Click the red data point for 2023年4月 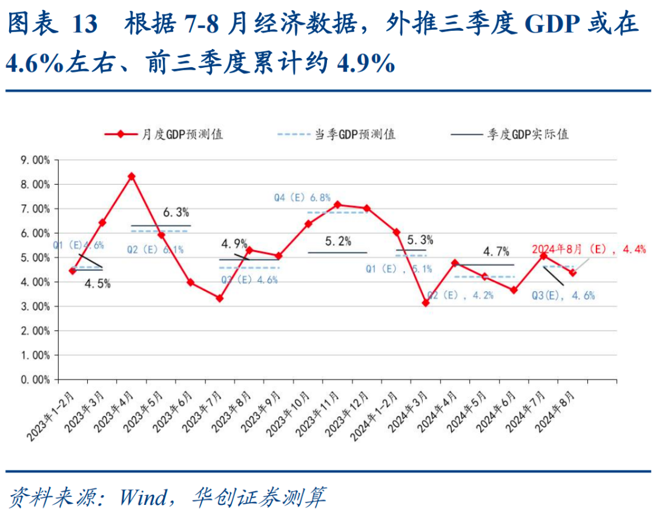131,176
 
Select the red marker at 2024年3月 426,302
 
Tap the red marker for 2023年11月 337,205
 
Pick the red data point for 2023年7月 220,298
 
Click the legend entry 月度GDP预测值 163,134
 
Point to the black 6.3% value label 176,212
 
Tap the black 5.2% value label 338,241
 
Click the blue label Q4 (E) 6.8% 302,197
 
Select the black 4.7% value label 496,251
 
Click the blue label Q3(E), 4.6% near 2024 563,295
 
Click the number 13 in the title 84,25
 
